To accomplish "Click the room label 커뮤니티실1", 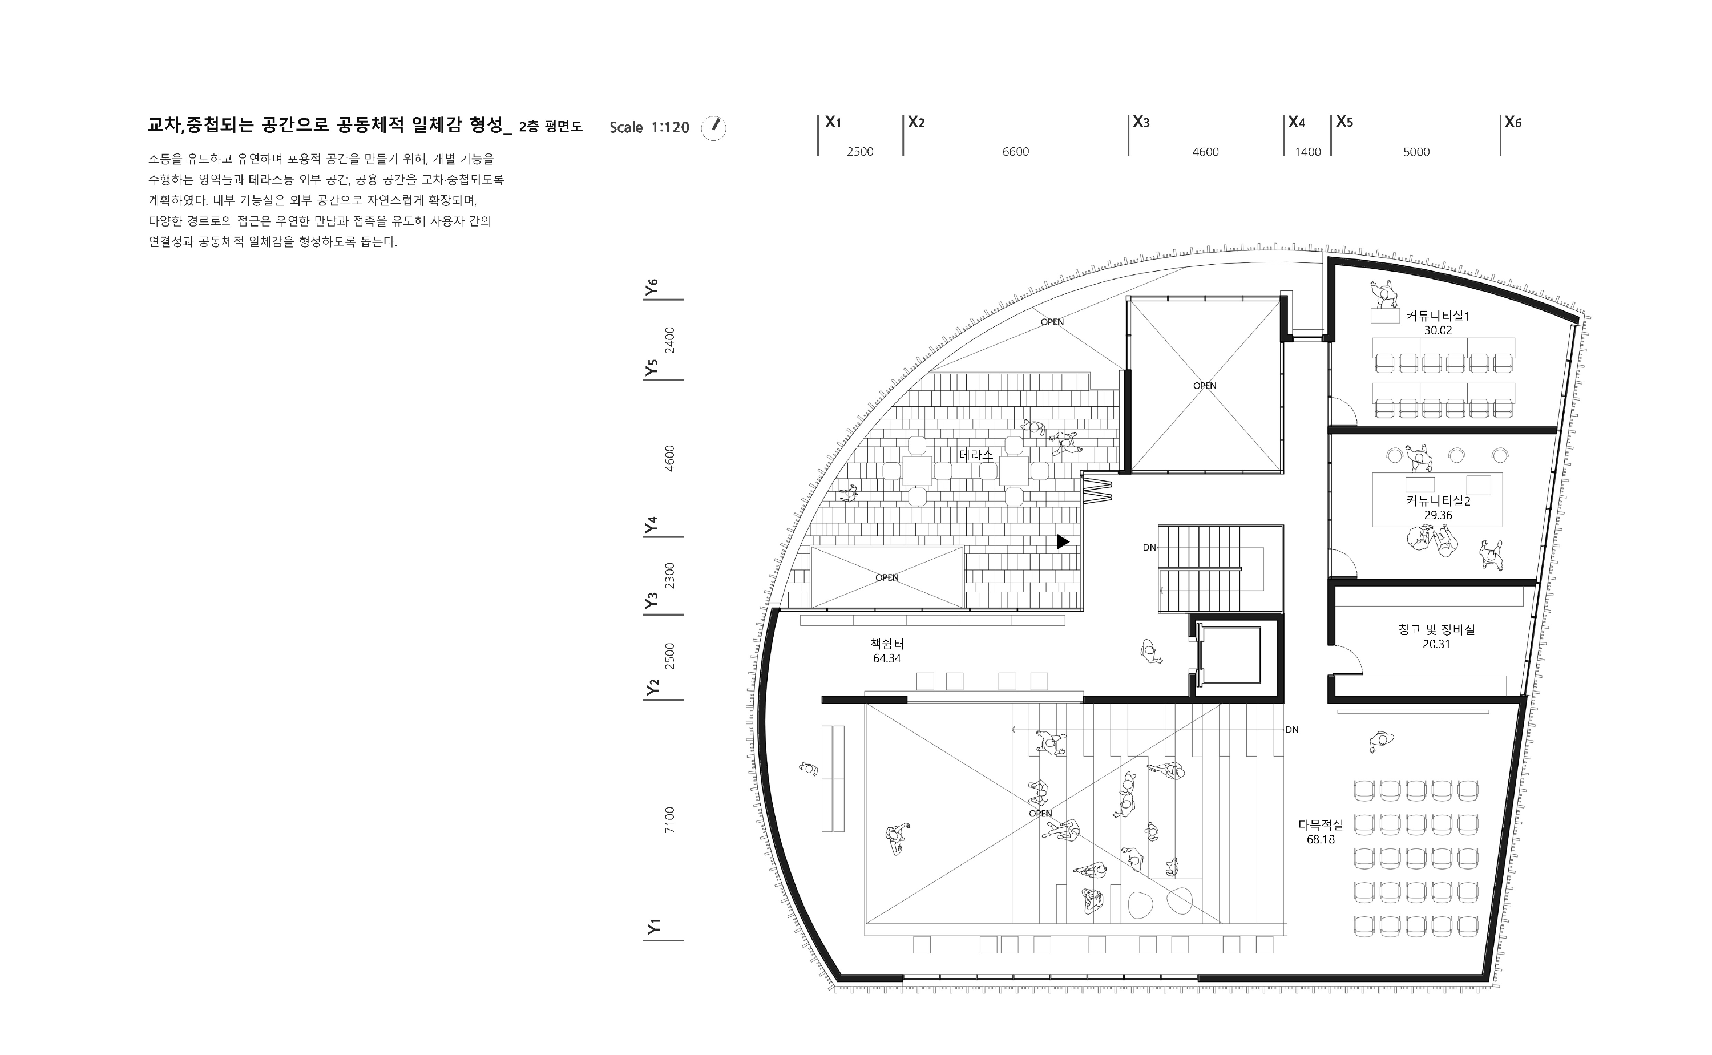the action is [1438, 316].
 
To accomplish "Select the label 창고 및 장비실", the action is [1436, 629].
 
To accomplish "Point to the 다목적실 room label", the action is [1321, 824].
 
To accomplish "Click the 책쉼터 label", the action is [887, 644].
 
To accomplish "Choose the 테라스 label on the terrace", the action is [976, 455].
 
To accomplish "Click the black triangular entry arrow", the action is [1063, 541].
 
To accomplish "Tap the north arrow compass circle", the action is [714, 128].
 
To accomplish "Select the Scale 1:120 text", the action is [649, 128].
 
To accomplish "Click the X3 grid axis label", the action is [1141, 122].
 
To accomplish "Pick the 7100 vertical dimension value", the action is [670, 820].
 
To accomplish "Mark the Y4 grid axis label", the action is [652, 525].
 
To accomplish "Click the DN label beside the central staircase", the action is [1149, 548].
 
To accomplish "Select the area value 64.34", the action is [887, 658].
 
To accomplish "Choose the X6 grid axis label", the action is [1513, 122].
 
